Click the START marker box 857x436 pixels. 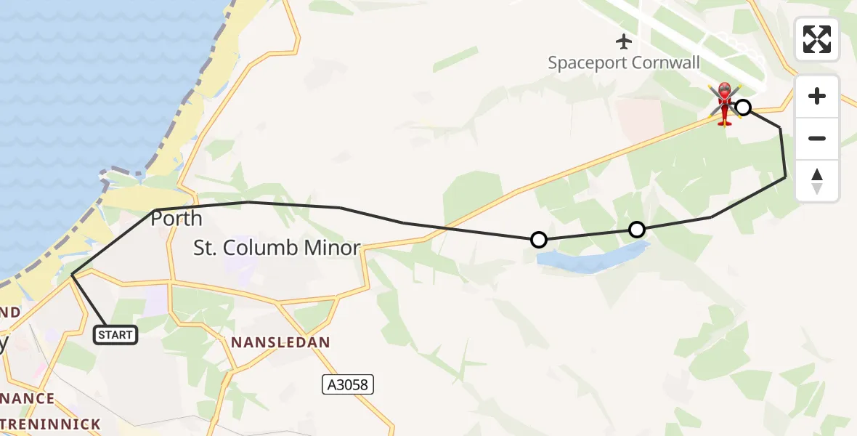115,334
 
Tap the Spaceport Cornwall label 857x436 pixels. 624,62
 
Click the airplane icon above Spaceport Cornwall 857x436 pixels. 624,40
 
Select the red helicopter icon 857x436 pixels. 724,105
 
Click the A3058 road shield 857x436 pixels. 348,384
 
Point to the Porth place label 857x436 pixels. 176,219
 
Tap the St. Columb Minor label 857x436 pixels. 277,249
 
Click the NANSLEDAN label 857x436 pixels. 280,342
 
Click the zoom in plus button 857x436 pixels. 817,96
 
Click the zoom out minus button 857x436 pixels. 817,138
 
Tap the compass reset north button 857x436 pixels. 817,181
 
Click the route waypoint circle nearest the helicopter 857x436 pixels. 743,108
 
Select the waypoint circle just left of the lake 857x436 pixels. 539,239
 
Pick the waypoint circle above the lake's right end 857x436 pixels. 636,230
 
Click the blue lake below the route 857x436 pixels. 588,261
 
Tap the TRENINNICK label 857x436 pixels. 50,424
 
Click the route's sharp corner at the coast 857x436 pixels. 73,275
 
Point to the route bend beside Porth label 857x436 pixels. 155,211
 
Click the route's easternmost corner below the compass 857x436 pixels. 785,177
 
